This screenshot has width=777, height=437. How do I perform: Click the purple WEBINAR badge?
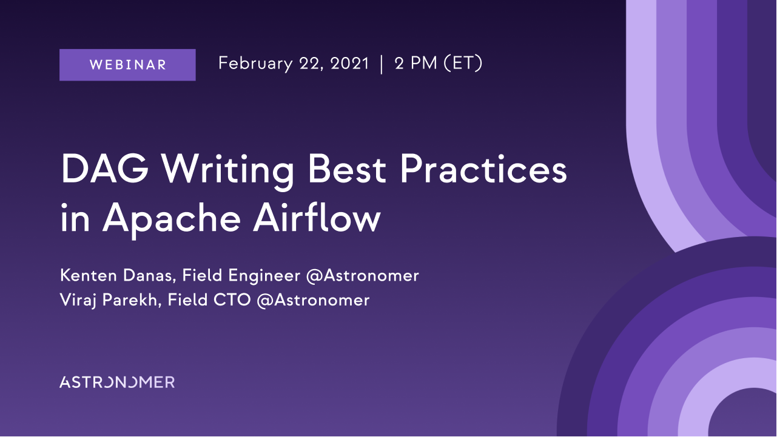coord(127,65)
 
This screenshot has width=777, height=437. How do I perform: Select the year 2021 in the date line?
coord(349,64)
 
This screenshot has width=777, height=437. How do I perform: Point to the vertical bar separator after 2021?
coord(382,64)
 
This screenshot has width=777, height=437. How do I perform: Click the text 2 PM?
coord(415,64)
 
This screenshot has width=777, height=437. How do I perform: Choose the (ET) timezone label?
coord(463,64)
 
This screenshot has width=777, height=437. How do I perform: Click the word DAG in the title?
coord(105,168)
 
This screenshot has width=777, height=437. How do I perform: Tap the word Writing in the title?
coord(228,172)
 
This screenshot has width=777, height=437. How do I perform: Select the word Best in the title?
coord(347,168)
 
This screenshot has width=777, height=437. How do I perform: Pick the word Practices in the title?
coord(483,168)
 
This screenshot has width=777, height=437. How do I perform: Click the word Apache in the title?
coord(172,219)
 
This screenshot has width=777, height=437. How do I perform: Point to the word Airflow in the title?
coord(317,217)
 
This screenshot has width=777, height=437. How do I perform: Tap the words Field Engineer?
coord(241,276)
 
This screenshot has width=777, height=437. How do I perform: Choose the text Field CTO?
coord(209,300)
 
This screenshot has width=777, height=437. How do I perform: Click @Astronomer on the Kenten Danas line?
coord(363,276)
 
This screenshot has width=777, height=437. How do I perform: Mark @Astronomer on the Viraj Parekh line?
coord(313,301)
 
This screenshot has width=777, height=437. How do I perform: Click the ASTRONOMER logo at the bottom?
coord(117,382)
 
